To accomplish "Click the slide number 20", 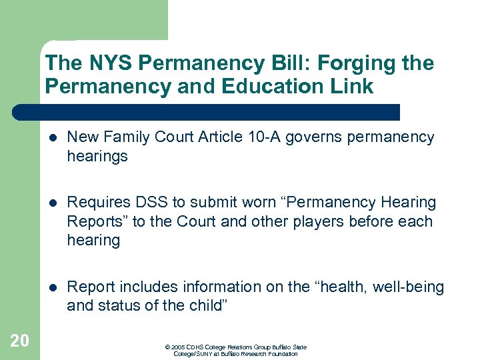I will [x=20, y=341].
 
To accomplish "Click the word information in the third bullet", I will [x=201, y=287].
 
